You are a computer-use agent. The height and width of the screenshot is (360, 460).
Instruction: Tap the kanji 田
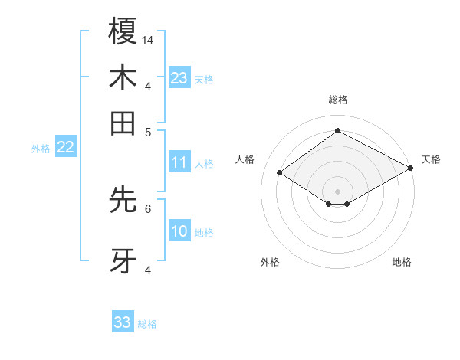[123, 123]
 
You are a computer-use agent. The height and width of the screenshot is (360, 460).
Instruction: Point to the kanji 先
[123, 200]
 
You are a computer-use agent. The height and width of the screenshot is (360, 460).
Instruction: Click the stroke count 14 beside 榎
[148, 40]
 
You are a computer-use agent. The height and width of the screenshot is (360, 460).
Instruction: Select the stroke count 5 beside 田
[149, 131]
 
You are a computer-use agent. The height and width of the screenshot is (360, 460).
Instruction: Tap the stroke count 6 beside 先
[149, 208]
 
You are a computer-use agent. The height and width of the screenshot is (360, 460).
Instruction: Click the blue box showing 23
[179, 77]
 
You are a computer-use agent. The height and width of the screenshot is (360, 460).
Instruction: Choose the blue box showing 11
[179, 162]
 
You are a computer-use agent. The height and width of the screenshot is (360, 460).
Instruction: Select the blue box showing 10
[179, 231]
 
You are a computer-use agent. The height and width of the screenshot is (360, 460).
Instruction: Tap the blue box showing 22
[65, 147]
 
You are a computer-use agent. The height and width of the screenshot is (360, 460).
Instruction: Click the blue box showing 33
[123, 322]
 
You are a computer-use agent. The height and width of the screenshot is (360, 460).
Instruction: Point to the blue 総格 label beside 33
[147, 324]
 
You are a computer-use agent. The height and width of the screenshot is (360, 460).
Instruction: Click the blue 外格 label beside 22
[41, 149]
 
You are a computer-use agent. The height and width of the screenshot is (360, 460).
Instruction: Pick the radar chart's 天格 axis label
[431, 159]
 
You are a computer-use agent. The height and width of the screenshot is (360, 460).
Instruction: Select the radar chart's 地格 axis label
[402, 263]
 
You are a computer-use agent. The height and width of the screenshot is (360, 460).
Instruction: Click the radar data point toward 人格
[280, 173]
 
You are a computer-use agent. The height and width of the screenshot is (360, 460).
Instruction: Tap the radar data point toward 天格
[412, 169]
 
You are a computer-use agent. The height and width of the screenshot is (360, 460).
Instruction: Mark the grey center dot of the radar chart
[337, 191]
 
